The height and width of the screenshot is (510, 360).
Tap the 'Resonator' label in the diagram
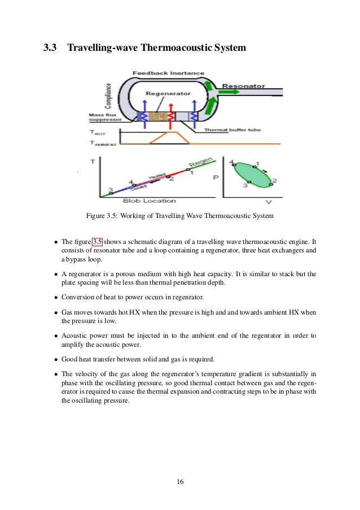[244, 86]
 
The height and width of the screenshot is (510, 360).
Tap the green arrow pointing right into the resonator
[209, 86]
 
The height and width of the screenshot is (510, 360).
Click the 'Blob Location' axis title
[149, 201]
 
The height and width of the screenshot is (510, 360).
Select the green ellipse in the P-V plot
[253, 175]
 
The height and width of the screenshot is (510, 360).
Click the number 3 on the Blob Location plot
[111, 189]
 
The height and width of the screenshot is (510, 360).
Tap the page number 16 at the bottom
[180, 481]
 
